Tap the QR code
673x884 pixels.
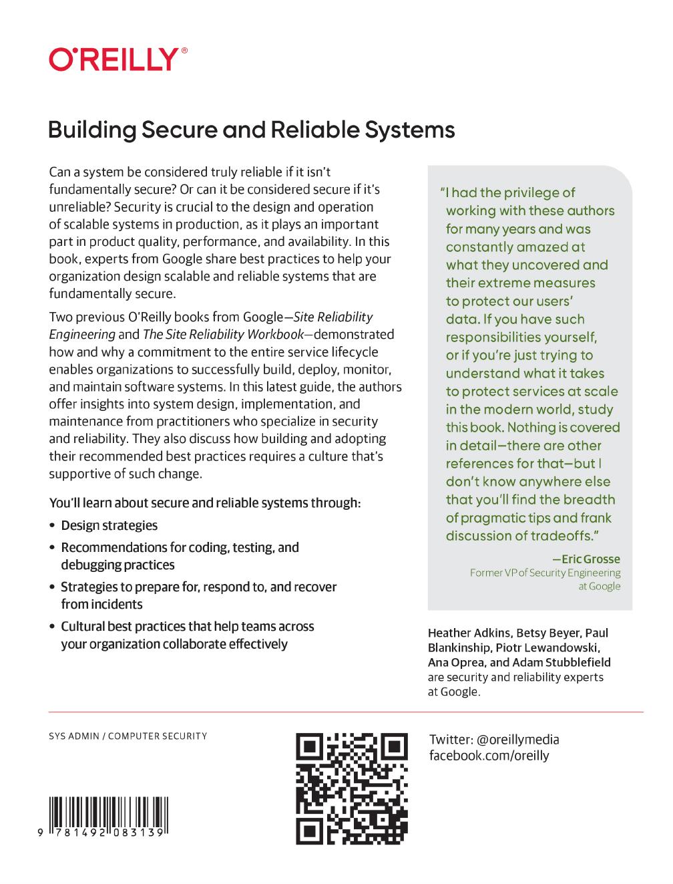[x=352, y=788]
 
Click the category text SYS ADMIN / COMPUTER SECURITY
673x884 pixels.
[x=128, y=736]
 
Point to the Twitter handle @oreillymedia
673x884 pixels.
[x=518, y=740]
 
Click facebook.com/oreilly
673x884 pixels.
[x=489, y=756]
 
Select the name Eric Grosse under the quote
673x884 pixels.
[x=590, y=559]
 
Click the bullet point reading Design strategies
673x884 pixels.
[x=109, y=526]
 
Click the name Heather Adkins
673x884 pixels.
[x=469, y=633]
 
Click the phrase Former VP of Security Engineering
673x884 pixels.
[x=545, y=573]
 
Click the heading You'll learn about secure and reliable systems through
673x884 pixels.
[x=204, y=503]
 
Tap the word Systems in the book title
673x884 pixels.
[x=410, y=130]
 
